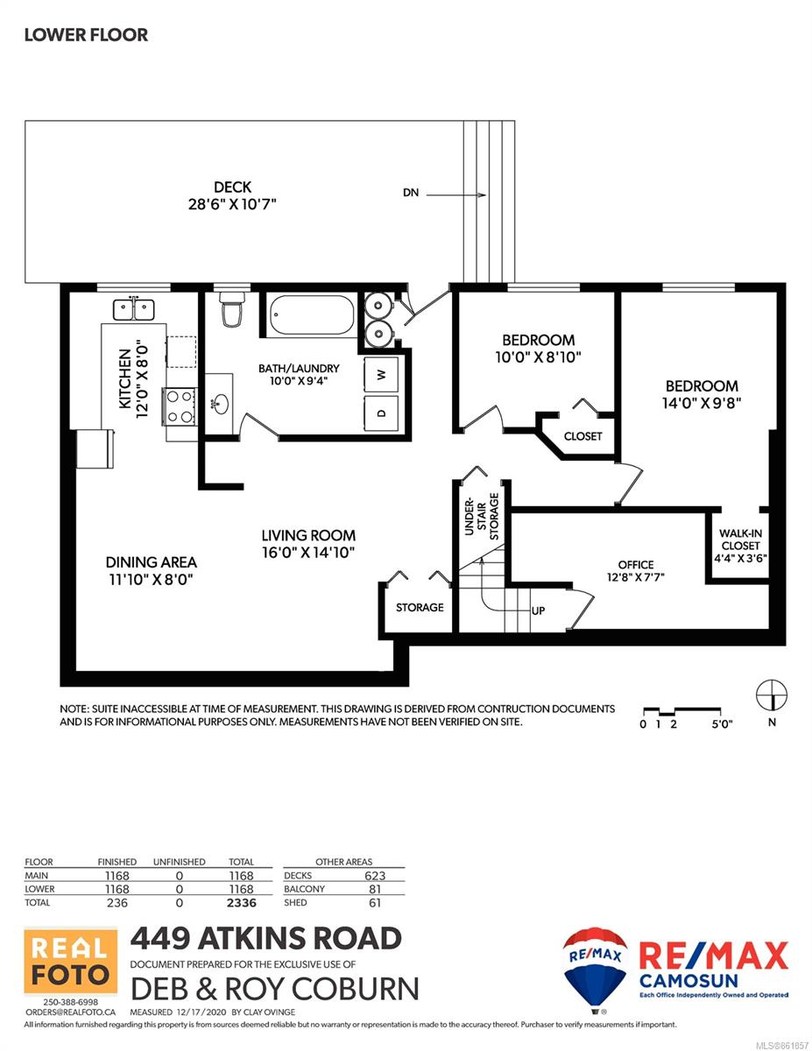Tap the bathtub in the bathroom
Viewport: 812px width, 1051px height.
[312, 315]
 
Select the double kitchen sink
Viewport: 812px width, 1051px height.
[134, 309]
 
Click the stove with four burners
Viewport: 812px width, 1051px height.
[180, 406]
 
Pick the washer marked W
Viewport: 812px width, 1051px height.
[381, 374]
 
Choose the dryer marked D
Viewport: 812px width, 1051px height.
[381, 413]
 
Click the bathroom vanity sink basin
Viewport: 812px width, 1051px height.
[221, 403]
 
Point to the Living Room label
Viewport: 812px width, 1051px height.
[308, 535]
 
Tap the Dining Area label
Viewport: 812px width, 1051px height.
[152, 562]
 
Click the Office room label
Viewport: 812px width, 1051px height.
[635, 564]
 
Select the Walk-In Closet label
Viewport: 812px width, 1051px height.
[740, 540]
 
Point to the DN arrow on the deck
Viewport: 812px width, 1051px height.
[456, 195]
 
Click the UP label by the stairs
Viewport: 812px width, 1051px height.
[538, 610]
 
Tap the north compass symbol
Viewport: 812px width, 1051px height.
[772, 695]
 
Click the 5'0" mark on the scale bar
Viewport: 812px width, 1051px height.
[722, 724]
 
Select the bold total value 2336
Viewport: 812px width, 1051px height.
[242, 902]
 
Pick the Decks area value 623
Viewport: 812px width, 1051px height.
[375, 876]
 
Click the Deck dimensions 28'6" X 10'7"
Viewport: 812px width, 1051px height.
[232, 203]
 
